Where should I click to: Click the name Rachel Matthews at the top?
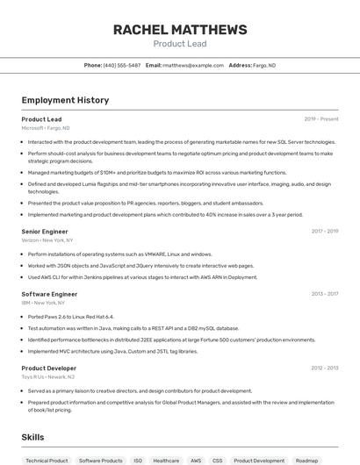tap(180, 30)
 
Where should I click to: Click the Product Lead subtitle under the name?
tap(180, 43)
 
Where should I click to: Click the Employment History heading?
tap(65, 100)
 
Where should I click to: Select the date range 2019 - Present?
tap(321, 119)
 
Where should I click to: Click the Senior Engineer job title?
tap(45, 232)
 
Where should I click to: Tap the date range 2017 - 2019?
tap(325, 232)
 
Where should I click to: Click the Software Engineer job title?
tap(49, 294)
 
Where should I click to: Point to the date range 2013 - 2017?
tap(325, 294)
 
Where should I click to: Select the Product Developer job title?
tap(49, 368)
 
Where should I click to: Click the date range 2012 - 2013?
tap(325, 368)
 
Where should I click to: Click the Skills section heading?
tap(33, 437)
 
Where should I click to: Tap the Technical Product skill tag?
tap(47, 461)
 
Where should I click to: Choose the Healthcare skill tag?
tap(166, 461)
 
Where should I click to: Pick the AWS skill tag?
tap(196, 461)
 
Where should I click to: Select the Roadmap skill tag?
tap(306, 461)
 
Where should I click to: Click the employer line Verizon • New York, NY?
tap(47, 240)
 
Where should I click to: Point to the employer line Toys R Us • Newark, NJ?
tap(48, 377)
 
